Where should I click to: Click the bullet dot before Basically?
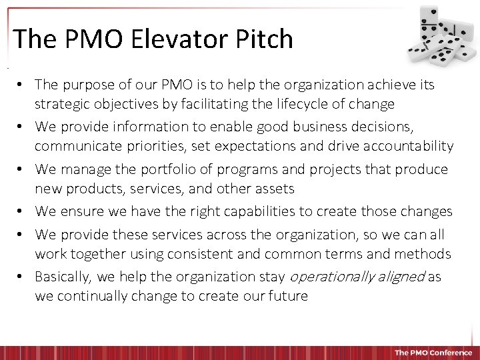point(22,277)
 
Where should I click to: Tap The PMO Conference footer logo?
point(433,353)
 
